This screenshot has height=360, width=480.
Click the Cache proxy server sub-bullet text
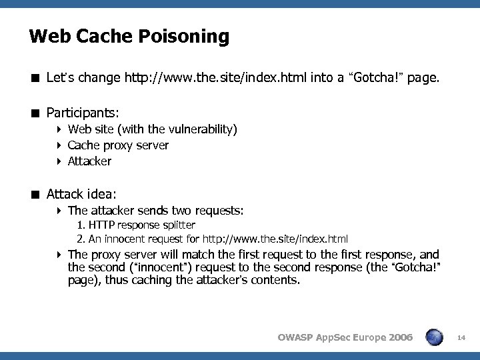118,145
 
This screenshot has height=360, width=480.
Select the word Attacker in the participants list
89,161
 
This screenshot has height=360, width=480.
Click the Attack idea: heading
81,194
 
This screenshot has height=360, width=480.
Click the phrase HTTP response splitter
141,225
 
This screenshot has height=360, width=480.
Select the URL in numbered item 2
275,239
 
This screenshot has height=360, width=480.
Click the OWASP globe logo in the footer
435,337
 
